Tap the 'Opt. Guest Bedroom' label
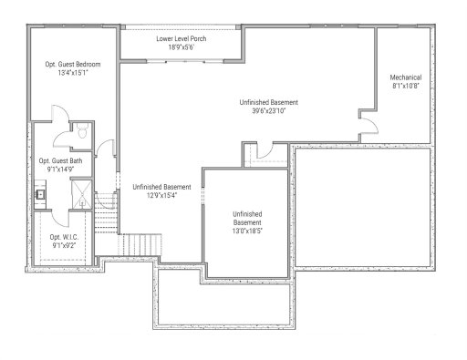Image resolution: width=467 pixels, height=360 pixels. (72, 66)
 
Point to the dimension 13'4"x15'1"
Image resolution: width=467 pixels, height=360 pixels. (72, 76)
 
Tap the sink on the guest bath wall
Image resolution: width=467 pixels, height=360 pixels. (41, 193)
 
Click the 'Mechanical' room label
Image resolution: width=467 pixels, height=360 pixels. (405, 77)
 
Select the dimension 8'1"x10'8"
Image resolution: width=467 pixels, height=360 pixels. (405, 87)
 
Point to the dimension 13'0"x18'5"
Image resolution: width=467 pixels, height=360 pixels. (245, 231)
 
